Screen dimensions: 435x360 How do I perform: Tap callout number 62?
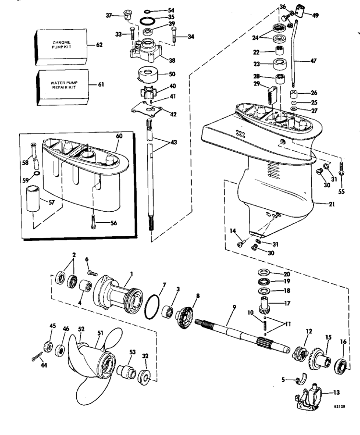coord(99,45)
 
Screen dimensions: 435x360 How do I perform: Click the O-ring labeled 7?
coord(153,303)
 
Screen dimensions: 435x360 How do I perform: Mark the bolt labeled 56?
coord(92,222)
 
